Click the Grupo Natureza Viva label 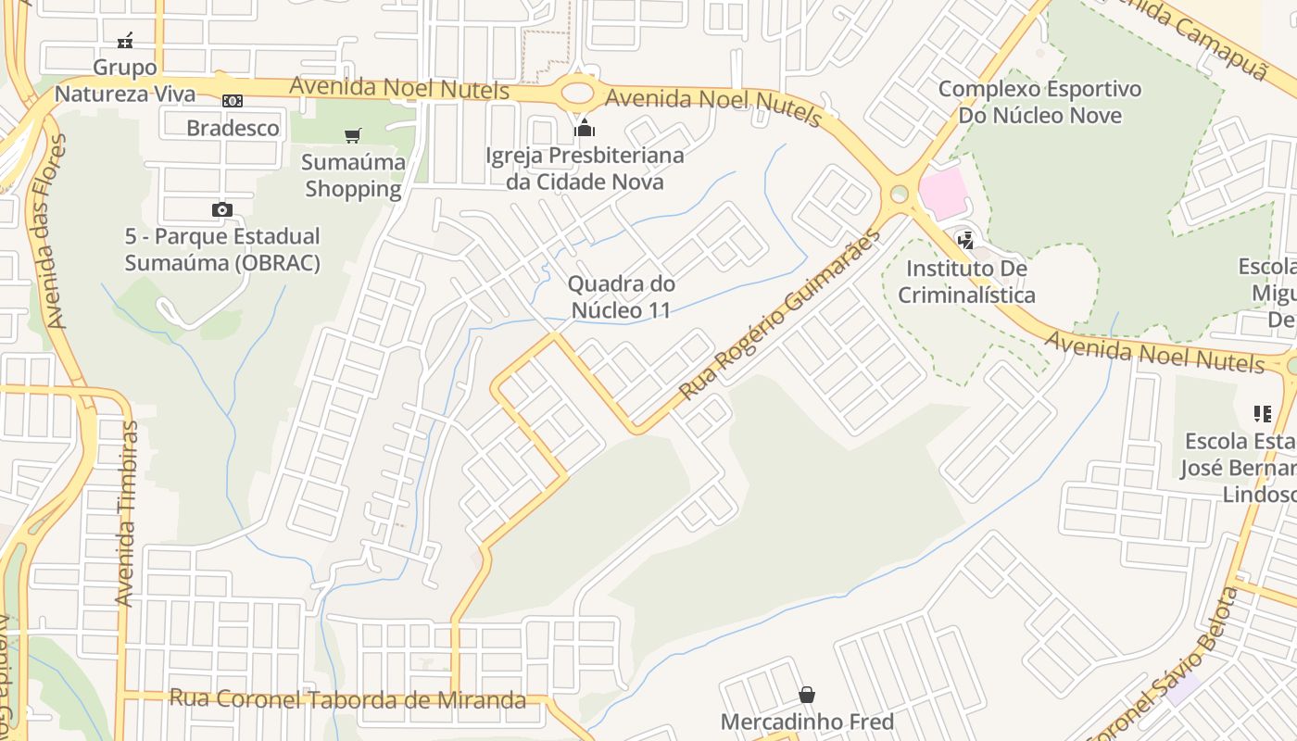tap(125, 81)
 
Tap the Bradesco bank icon tap(232, 100)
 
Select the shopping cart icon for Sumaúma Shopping tap(352, 136)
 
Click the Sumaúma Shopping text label tap(353, 176)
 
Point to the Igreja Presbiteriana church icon tap(584, 128)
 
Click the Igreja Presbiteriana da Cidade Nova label tap(585, 169)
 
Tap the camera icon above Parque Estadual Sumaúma tap(221, 209)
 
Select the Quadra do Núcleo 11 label tap(621, 297)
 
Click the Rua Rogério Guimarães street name tap(779, 316)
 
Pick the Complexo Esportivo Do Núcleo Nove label tap(1039, 103)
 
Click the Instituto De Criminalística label tap(966, 282)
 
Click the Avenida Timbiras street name tap(126, 514)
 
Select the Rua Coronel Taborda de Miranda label tap(347, 699)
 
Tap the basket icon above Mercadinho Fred tap(807, 695)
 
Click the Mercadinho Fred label tap(807, 722)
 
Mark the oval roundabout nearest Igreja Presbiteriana tap(577, 92)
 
